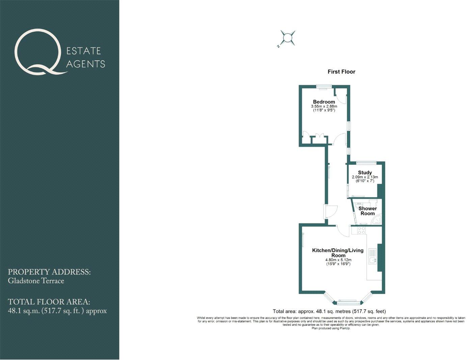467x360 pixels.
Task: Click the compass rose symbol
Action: pos(287,38)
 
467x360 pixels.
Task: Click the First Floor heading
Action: pos(341,72)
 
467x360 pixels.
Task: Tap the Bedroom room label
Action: pos(324,102)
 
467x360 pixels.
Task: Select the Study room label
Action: pos(365,173)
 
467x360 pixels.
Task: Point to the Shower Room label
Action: pos(367,211)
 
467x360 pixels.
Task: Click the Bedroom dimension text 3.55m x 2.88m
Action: pos(324,106)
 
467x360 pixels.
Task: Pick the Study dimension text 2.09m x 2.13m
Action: pos(365,177)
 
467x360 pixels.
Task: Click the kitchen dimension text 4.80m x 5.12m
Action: pos(338,260)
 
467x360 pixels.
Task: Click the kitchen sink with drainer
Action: pos(373,257)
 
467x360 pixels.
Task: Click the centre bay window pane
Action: pos(347,300)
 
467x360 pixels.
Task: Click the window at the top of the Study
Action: pos(366,163)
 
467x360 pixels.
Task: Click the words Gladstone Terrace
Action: pos(36,281)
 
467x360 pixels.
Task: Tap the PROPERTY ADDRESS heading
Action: pos(49,272)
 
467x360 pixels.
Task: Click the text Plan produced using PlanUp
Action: pos(331,328)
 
